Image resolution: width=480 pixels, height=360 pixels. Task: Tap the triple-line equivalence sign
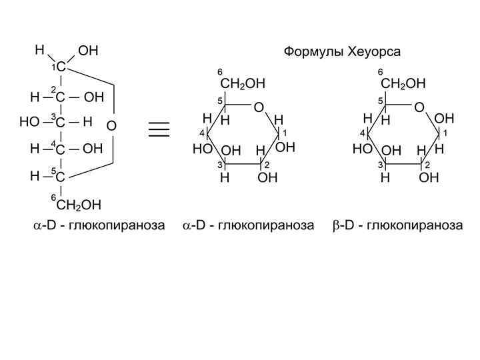coord(159,129)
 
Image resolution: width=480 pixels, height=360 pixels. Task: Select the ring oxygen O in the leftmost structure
coord(111,126)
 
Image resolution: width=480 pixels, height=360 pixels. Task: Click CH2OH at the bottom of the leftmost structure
coord(79,204)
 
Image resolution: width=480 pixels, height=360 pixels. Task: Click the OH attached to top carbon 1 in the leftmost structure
coord(88,51)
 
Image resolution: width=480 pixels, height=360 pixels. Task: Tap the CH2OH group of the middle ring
coord(243,84)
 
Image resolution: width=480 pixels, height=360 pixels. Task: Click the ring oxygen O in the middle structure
coord(259,107)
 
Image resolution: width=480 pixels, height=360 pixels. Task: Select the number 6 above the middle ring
coord(220,72)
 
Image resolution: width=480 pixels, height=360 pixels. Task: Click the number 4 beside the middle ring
coord(201,134)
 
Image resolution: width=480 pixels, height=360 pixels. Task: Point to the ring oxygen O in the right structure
coord(419,107)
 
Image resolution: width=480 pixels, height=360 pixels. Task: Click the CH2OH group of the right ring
coord(403,84)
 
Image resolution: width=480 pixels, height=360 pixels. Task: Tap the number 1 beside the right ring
coord(445,133)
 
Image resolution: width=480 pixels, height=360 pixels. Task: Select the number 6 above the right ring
coord(380,72)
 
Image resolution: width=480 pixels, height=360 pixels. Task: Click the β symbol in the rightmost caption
coord(337,225)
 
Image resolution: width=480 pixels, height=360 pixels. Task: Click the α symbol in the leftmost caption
coord(37,226)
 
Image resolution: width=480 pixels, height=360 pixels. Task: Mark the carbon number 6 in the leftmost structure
coord(54,198)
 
